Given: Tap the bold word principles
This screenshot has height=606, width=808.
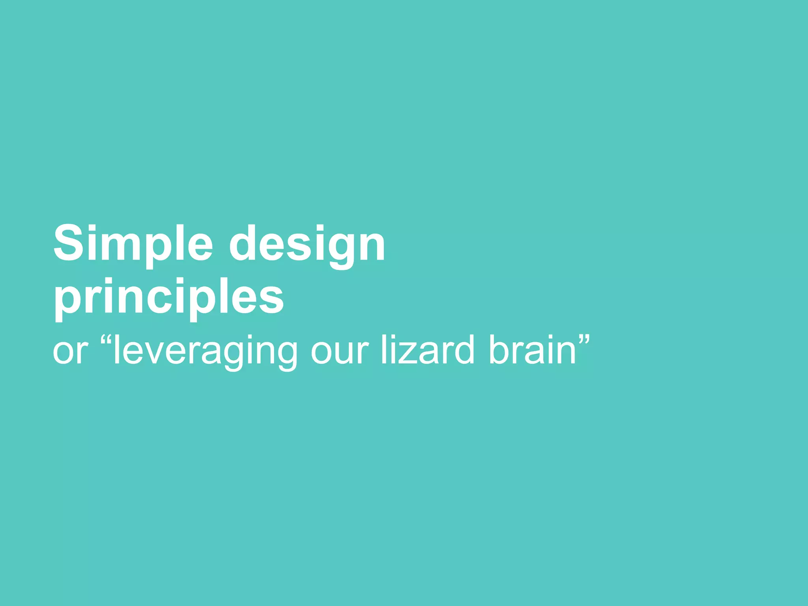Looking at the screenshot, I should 169,297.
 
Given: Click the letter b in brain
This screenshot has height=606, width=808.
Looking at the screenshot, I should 499,349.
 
